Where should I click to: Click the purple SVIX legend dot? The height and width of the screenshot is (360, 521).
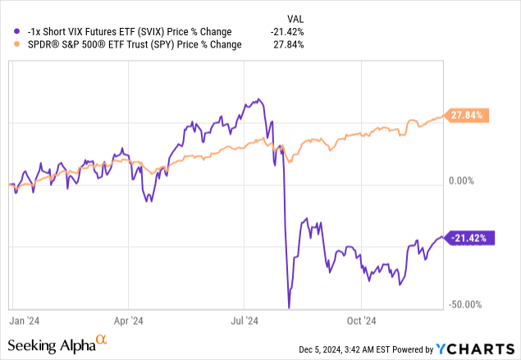point(8,31)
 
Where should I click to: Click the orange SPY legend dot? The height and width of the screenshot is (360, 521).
point(8,44)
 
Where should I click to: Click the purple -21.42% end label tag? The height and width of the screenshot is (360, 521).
point(470,238)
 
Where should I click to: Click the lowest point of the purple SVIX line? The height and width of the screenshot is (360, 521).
point(289,308)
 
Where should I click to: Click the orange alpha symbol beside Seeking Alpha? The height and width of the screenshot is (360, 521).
point(102,339)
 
